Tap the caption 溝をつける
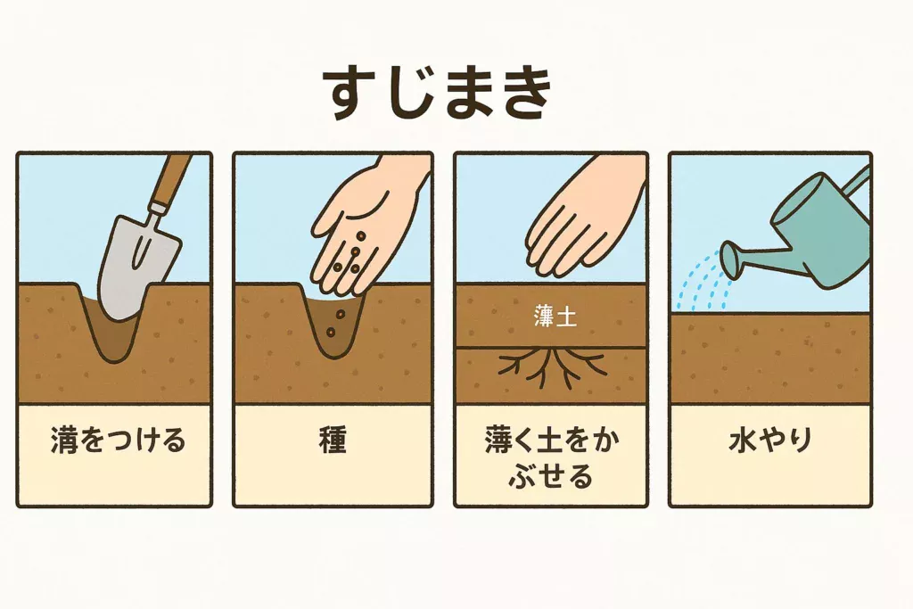(x=119, y=440)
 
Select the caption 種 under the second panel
(x=333, y=440)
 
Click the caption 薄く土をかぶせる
(x=551, y=458)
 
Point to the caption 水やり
(x=769, y=440)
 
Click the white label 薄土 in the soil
(x=555, y=317)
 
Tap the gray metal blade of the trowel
(x=137, y=266)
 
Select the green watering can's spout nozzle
(x=734, y=259)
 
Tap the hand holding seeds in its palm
(x=366, y=227)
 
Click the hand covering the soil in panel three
(x=582, y=221)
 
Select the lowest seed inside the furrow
(x=330, y=333)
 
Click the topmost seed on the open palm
(x=361, y=236)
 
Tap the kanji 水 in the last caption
(x=742, y=440)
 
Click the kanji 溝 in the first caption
(x=64, y=440)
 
